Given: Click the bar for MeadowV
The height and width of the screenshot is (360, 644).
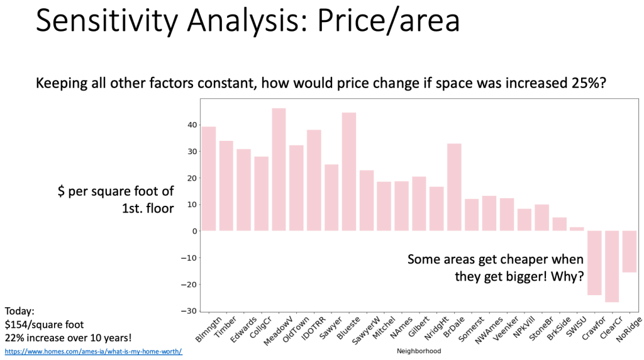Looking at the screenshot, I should point(279,170).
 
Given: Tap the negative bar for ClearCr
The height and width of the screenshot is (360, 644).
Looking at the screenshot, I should point(613,266).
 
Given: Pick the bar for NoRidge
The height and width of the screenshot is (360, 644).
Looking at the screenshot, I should point(630,251).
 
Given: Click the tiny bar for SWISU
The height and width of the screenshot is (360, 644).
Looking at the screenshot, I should point(577,229).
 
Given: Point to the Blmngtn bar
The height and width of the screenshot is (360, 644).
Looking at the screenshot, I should point(208,179).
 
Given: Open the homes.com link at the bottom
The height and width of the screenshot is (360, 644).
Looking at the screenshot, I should point(94,351).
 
